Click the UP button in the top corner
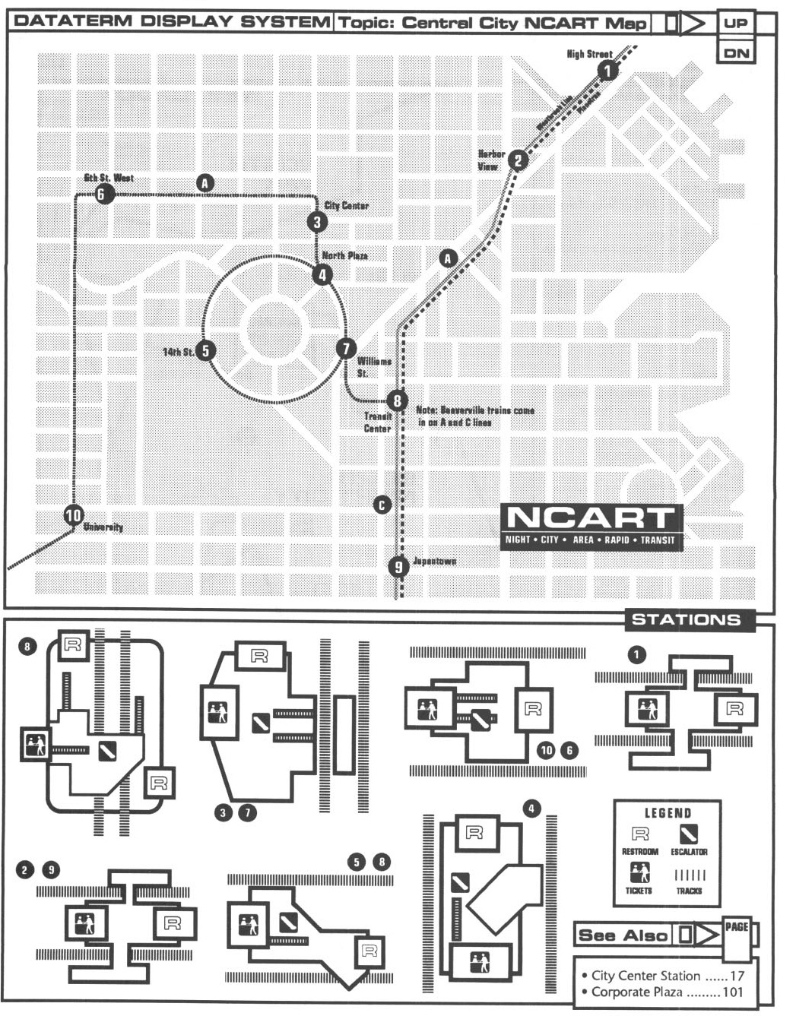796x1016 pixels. point(735,23)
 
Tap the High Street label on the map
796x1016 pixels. point(589,55)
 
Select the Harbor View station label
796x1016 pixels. point(490,160)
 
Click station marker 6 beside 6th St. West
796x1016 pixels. point(103,195)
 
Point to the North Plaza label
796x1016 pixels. point(344,256)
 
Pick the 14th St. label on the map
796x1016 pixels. point(179,352)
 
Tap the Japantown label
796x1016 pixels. point(434,562)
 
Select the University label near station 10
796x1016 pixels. point(103,527)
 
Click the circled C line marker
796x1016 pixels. point(382,505)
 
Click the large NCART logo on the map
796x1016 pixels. point(590,526)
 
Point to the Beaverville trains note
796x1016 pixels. point(474,416)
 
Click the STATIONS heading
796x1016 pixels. point(686,619)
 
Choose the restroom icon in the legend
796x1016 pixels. point(640,835)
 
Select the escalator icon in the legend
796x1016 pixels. point(689,835)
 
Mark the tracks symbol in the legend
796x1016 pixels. point(690,875)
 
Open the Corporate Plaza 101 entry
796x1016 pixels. point(667,992)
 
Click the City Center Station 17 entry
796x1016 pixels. point(667,976)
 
